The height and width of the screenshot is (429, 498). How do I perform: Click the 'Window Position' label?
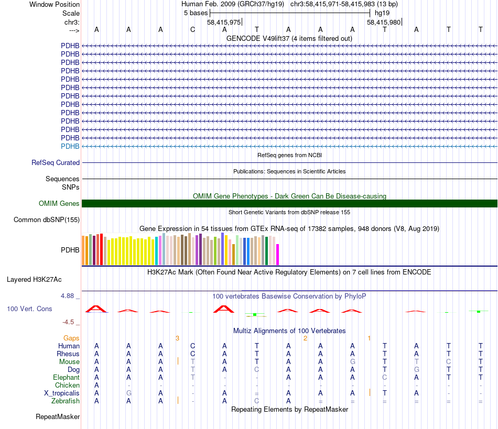[55, 4]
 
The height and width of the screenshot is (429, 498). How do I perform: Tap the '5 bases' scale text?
[196, 13]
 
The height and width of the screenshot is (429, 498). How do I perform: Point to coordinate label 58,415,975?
[224, 22]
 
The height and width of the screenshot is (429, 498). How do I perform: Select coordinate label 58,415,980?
[384, 22]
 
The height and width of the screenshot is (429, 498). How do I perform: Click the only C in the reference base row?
[192, 29]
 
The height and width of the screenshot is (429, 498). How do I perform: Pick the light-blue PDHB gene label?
[70, 146]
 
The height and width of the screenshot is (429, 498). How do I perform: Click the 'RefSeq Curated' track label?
[56, 163]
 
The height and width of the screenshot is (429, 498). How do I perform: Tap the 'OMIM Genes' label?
[59, 204]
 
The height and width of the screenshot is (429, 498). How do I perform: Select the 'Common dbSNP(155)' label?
[46, 220]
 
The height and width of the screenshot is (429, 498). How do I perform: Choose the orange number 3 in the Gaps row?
[177, 338]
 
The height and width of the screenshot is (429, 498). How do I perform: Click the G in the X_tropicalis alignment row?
[128, 393]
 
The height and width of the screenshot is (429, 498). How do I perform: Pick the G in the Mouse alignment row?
[353, 361]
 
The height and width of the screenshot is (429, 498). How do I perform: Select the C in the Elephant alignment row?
[385, 377]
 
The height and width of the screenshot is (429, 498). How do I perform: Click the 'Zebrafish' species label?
[66, 401]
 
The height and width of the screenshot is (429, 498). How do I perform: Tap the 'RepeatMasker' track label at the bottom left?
[58, 417]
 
